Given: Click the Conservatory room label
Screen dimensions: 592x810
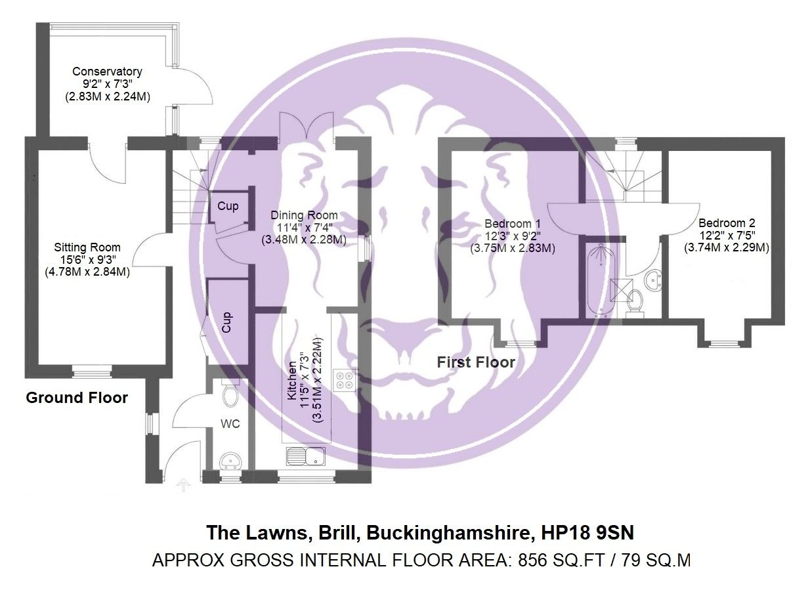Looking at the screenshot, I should click(107, 72).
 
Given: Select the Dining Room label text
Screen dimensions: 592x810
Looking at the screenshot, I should click(304, 215).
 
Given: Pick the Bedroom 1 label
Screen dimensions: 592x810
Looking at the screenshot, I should click(512, 223).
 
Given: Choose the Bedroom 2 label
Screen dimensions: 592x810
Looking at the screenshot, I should click(726, 222).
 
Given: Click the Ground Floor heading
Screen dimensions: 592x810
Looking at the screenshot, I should click(76, 398).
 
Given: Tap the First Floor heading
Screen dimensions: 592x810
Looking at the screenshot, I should click(476, 362).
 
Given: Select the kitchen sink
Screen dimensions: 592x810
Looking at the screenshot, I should click(306, 454).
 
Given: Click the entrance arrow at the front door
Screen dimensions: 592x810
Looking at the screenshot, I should click(184, 485).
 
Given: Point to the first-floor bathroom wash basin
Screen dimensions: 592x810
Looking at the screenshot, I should click(652, 280).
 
